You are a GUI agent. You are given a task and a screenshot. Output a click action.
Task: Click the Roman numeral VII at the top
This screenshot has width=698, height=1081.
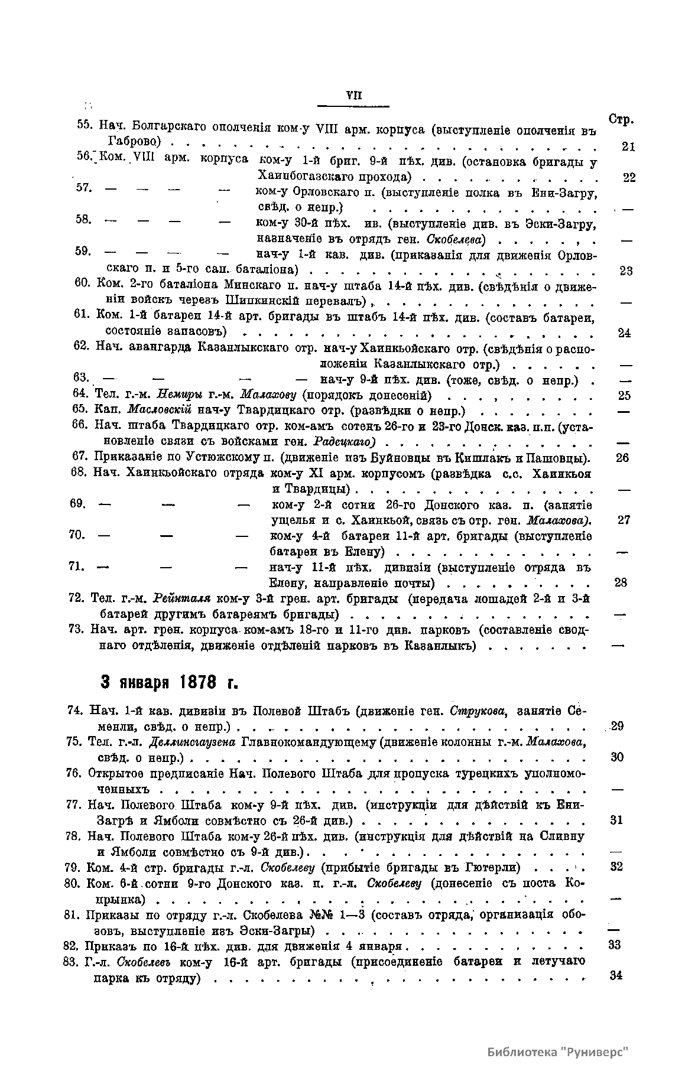coord(353,96)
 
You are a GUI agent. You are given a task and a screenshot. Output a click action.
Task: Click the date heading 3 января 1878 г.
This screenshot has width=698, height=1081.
coord(169,682)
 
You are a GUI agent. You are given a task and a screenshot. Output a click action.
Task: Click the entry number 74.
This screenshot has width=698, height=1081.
coord(77,710)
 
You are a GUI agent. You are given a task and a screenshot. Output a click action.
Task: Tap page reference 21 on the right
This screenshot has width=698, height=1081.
coord(628,146)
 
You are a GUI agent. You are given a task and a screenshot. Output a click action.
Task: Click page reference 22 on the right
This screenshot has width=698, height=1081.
coord(629,177)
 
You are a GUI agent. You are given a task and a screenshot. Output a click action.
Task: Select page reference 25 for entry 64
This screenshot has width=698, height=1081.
coord(624,395)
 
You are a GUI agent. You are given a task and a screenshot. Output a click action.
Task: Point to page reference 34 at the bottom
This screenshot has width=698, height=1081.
coord(616,975)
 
